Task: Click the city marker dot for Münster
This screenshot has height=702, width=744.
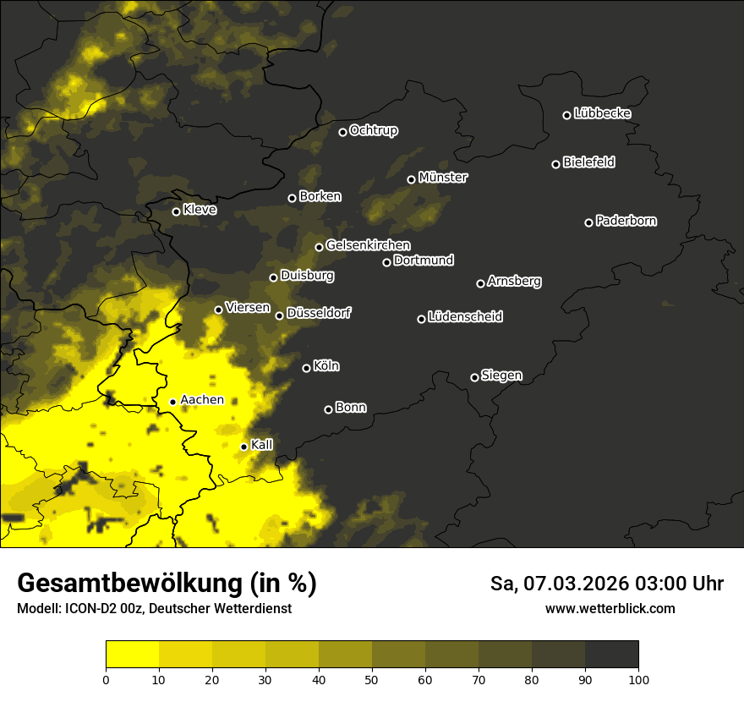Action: tap(411, 179)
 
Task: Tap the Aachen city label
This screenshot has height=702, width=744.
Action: tap(202, 400)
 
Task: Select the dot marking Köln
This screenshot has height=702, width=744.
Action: tap(306, 368)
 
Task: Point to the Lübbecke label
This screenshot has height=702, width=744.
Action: tap(602, 113)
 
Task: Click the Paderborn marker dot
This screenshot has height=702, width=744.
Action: tap(588, 222)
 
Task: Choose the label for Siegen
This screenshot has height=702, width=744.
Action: tap(501, 376)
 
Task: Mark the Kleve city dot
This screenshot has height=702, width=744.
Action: tap(176, 211)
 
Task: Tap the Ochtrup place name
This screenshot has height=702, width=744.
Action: tap(373, 130)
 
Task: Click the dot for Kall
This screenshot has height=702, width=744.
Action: tap(243, 447)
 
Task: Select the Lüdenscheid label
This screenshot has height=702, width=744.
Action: tap(465, 317)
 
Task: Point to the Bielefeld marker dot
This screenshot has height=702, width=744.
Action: tap(555, 164)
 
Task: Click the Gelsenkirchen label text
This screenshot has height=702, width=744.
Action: tap(368, 245)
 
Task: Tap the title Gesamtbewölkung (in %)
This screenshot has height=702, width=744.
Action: tap(167, 584)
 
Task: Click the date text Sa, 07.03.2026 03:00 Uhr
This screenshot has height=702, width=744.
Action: tap(606, 584)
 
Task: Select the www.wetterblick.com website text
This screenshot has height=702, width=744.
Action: tap(610, 608)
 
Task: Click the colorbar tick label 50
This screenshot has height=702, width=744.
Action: tap(372, 679)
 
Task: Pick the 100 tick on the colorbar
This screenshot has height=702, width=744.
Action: tap(638, 679)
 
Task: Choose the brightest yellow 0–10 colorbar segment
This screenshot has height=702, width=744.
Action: tap(132, 655)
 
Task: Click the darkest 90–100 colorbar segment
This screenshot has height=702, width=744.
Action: tap(611, 655)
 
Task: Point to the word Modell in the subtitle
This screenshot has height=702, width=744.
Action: tap(37, 609)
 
